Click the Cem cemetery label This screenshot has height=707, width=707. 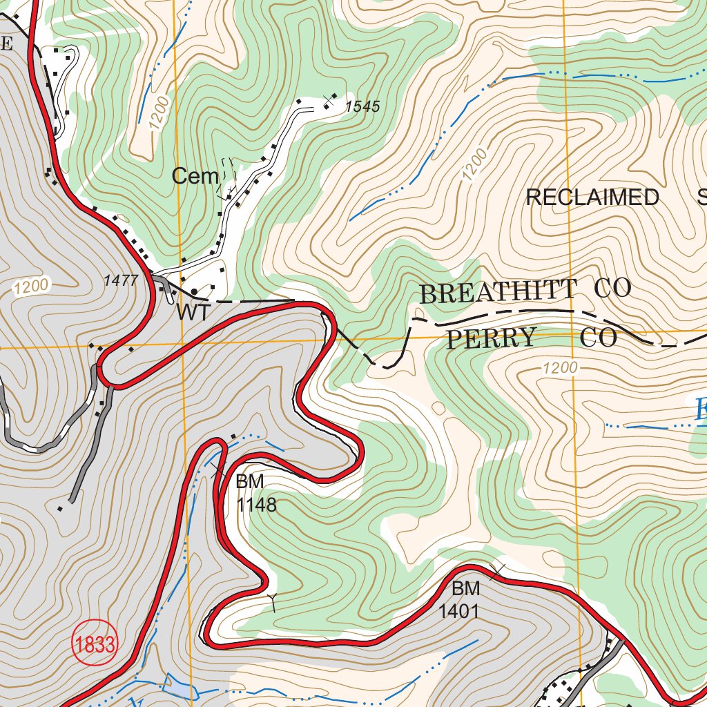tap(195, 177)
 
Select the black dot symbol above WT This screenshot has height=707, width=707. tap(195, 291)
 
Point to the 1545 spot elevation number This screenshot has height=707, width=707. tap(362, 107)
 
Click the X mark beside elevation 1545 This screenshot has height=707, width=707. tap(328, 104)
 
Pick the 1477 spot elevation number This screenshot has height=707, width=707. tap(121, 280)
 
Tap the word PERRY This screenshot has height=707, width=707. tap(491, 338)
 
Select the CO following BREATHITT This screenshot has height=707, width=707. tap(613, 289)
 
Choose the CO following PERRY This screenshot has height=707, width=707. tap(599, 338)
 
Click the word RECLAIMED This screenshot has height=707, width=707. tap(592, 197)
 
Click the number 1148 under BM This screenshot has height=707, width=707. tap(256, 505)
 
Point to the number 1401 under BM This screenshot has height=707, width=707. tap(458, 611)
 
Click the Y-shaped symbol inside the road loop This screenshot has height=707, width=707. tap(273, 601)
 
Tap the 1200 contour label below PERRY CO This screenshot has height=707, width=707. tap(559, 369)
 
